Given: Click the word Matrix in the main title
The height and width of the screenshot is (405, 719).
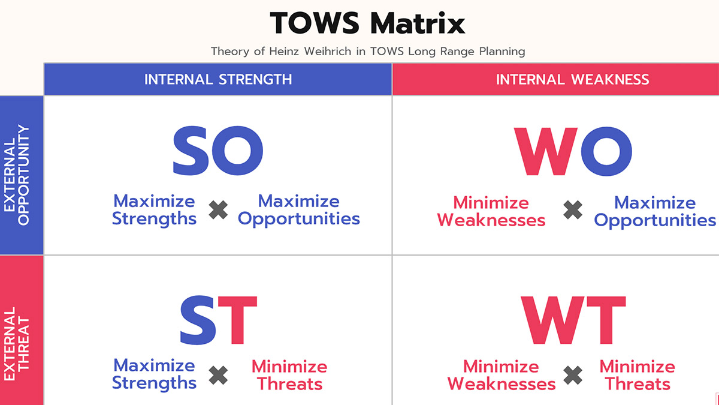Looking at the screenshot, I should point(418,23).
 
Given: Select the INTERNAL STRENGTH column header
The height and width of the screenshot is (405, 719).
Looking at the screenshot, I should point(218,79).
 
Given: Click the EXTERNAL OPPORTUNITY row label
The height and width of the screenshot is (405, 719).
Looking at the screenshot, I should point(17,175).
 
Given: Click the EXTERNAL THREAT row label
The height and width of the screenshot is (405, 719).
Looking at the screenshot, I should point(17,344).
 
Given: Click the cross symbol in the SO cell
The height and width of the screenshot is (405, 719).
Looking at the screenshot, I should point(218,210).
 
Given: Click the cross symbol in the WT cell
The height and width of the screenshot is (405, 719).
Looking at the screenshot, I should point(573,376).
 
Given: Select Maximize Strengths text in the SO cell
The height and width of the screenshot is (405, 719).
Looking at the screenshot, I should point(154,209).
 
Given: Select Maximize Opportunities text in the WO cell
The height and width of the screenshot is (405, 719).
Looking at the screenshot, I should point(655,211).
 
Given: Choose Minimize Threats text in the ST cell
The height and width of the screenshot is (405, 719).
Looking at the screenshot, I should point(289,375).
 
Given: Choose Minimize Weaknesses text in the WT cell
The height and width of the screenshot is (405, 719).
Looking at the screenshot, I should point(501,375).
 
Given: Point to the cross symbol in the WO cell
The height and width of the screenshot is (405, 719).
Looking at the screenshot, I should point(573,210).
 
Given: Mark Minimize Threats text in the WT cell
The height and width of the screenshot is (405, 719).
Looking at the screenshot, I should point(637,375).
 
